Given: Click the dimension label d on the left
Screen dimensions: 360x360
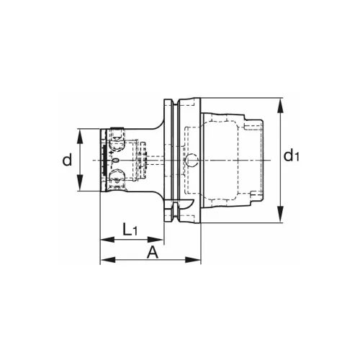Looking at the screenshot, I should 67,160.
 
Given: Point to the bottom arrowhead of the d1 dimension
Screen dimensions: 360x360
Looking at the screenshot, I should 280,220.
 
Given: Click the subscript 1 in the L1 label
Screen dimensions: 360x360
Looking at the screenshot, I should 135,232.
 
